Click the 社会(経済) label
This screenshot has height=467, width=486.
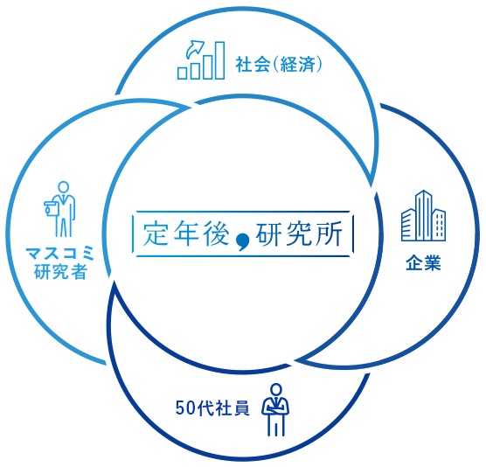279,65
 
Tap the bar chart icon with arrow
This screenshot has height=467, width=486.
201,59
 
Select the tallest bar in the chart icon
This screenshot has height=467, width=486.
219,60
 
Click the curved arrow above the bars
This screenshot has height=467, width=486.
195,49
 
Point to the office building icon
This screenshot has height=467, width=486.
423,216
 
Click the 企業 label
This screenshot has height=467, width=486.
423,263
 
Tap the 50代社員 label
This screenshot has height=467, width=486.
212,408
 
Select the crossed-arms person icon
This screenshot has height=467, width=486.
275,409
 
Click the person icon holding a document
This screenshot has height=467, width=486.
60,209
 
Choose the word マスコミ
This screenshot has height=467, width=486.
60,254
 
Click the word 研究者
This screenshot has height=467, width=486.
61,272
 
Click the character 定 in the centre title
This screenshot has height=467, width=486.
156,233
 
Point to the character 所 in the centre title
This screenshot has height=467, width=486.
330,233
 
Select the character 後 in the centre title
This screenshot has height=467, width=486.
217,233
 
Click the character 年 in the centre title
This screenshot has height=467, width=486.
186,233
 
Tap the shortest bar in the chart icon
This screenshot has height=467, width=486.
182,73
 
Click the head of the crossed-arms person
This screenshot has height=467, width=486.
276,390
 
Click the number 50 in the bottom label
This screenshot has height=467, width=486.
185,408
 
